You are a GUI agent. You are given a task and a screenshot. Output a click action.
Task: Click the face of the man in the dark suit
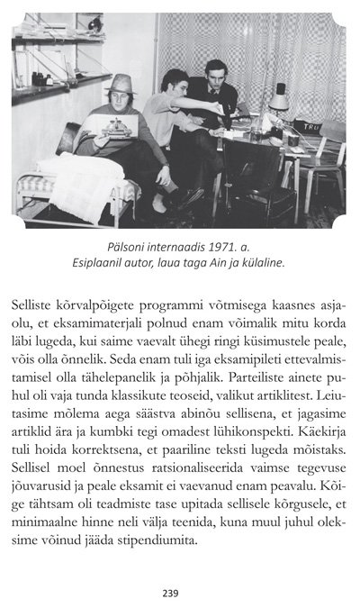click(x=215, y=77)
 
